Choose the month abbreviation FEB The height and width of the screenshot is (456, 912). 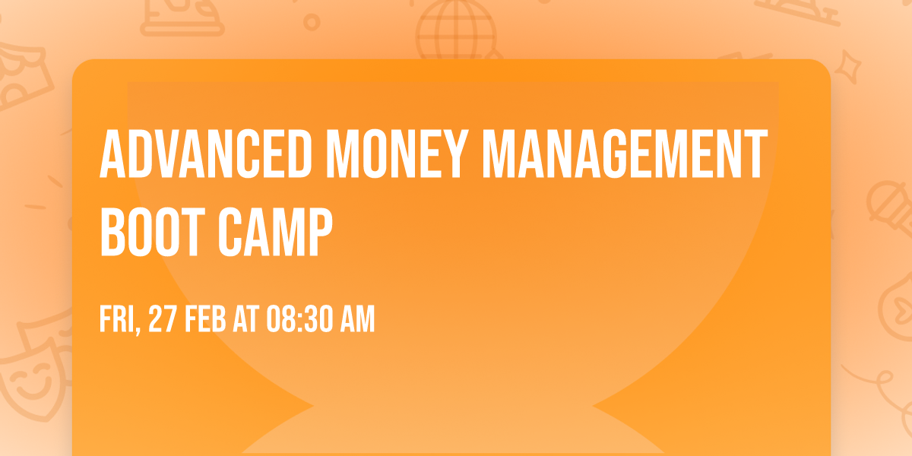(x=207, y=321)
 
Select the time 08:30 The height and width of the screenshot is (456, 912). (x=298, y=321)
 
